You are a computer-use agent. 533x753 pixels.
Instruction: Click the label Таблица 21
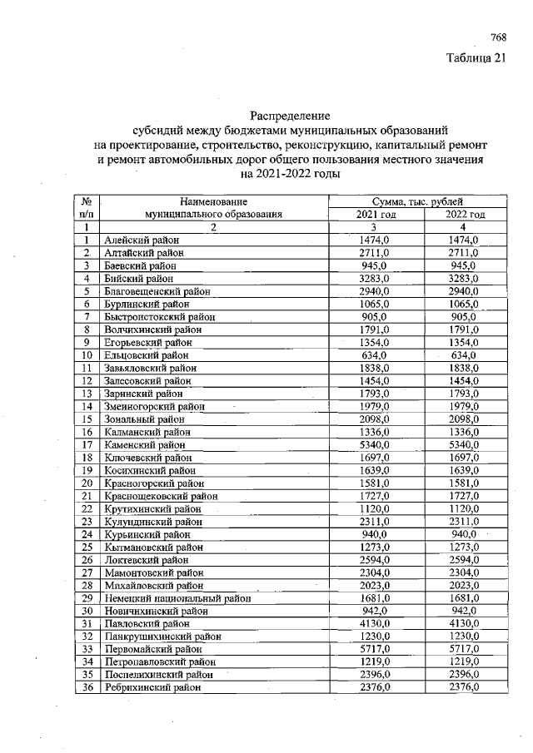pyautogui.click(x=476, y=57)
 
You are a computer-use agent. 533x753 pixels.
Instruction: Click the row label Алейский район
pyautogui.click(x=136, y=240)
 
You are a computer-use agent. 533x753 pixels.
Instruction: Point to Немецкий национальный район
pyautogui.click(x=177, y=597)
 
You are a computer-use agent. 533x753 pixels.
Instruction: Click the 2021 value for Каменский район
pyautogui.click(x=374, y=444)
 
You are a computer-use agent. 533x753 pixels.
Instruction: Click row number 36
pyautogui.click(x=87, y=687)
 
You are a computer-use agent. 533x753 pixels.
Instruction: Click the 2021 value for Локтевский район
pyautogui.click(x=374, y=559)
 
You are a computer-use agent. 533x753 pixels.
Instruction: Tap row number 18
pyautogui.click(x=87, y=457)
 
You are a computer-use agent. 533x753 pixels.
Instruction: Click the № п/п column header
pyautogui.click(x=87, y=208)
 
